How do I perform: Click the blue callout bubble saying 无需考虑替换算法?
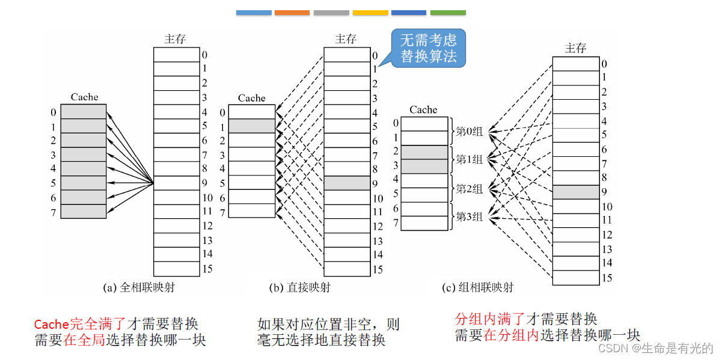[x=428, y=49]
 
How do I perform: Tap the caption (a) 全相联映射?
[x=139, y=287]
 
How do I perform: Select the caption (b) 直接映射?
[x=299, y=287]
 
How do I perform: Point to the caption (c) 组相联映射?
[x=478, y=287]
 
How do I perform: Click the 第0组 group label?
[x=470, y=130]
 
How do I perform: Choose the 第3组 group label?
[x=470, y=216]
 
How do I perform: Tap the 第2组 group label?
[x=470, y=189]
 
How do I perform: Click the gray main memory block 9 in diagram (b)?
[x=347, y=183]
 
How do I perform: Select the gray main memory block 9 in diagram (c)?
[x=575, y=192]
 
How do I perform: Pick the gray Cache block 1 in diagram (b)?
[x=252, y=126]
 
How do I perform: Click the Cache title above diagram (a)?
[x=84, y=97]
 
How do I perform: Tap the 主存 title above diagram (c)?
[x=575, y=48]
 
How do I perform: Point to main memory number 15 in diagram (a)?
[x=207, y=269]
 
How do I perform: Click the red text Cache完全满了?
[x=82, y=325]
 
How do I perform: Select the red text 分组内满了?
[x=491, y=319]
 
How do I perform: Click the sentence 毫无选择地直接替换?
[x=321, y=340]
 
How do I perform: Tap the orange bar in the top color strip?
[x=292, y=13]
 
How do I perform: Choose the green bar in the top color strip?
[x=448, y=13]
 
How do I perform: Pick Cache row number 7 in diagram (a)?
[x=54, y=212]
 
